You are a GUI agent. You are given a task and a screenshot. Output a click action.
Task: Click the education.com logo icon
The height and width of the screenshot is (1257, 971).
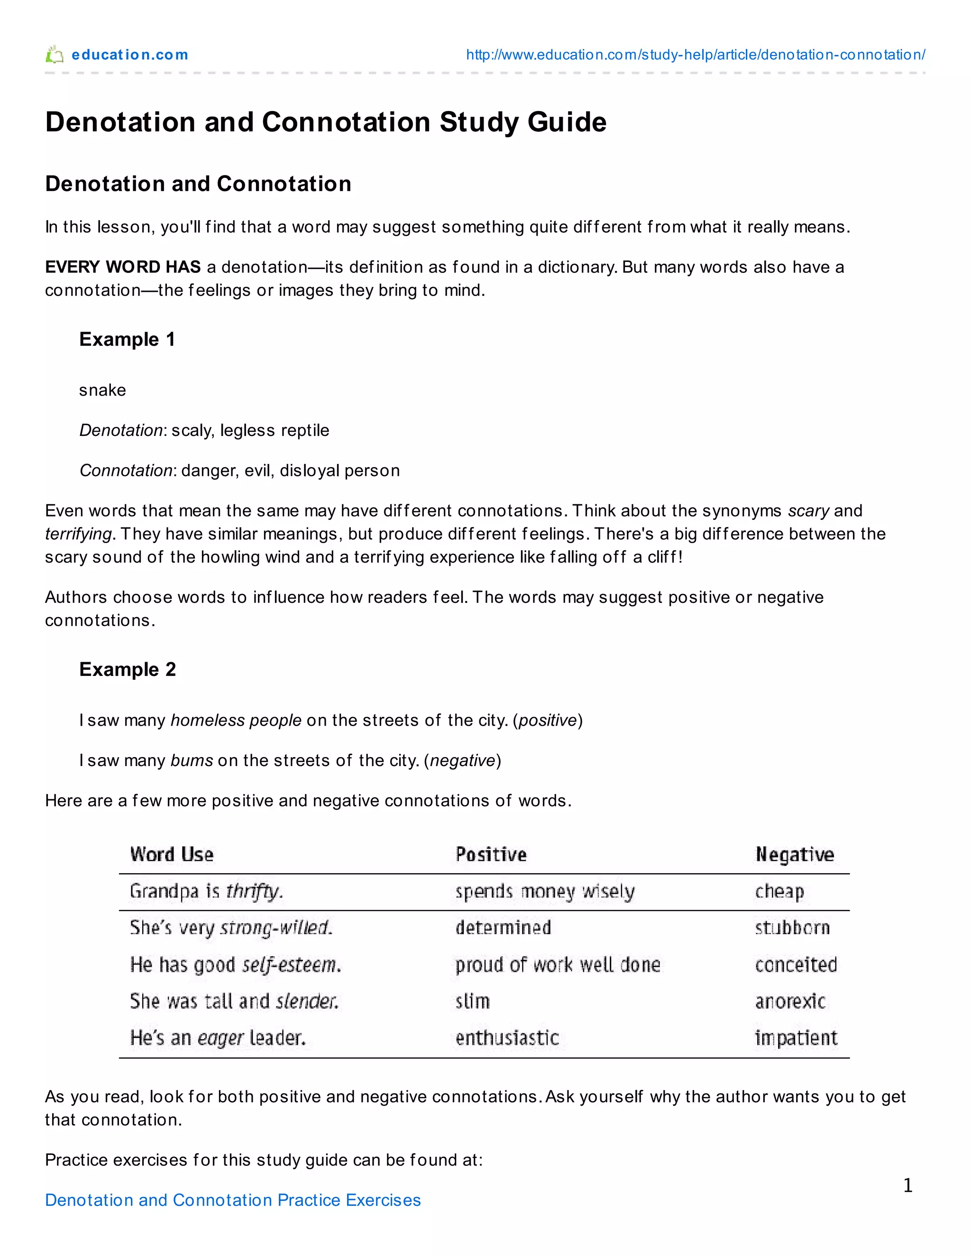(x=55, y=55)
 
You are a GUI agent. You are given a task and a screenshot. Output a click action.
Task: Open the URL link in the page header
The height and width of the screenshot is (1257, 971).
(x=695, y=55)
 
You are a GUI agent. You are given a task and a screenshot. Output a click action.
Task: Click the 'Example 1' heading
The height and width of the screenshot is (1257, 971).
(x=127, y=340)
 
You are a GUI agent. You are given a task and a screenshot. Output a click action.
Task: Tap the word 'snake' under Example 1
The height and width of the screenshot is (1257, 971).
(x=102, y=390)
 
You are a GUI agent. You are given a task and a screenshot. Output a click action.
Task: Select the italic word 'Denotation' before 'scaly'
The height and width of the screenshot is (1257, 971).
(x=121, y=431)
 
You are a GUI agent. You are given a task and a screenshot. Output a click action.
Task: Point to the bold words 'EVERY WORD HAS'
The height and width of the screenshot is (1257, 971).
(x=122, y=267)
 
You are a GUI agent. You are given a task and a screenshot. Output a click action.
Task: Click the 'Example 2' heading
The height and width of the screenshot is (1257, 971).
(x=127, y=669)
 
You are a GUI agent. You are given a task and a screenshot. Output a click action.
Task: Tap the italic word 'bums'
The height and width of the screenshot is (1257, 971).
(x=192, y=761)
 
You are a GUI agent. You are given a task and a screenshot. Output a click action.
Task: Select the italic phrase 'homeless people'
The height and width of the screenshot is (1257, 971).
(x=236, y=721)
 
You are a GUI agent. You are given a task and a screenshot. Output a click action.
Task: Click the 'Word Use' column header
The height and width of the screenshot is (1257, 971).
(x=172, y=854)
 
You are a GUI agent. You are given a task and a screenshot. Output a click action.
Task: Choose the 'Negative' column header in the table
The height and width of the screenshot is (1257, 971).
(x=795, y=854)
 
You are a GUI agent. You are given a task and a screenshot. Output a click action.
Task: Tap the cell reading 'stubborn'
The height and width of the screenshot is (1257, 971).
(x=792, y=928)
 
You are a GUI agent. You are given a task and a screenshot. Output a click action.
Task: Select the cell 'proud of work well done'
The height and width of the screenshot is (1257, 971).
(x=558, y=965)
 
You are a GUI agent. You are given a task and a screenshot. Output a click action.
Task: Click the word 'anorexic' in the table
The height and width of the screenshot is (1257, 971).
(x=790, y=1001)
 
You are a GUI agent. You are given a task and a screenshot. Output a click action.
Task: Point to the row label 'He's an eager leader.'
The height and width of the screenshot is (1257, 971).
(x=218, y=1038)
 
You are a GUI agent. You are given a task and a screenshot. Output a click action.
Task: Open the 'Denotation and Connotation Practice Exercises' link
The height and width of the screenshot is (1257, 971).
(x=232, y=1200)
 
